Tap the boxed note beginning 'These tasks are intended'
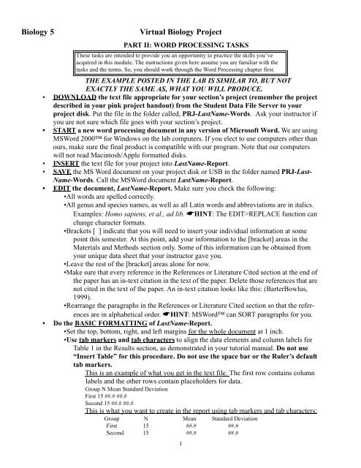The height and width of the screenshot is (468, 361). [181, 69]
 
